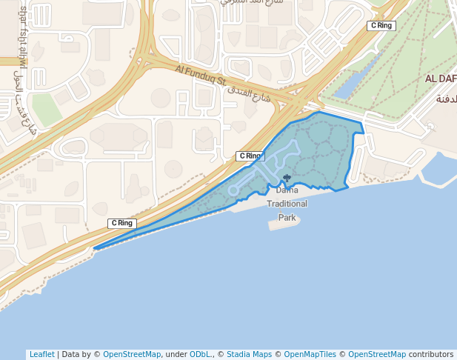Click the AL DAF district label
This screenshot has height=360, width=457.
440,79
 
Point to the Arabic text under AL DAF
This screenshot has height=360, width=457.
447,99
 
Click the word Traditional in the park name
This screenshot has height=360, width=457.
287,204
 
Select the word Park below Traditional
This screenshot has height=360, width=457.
287,217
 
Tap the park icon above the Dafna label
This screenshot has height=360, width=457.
287,178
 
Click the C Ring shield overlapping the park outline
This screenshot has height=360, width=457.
250,156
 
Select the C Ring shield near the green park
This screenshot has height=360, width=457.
381,26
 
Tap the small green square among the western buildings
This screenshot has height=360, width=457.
46,110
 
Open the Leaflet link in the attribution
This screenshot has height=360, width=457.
41,354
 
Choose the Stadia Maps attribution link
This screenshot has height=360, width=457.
249,354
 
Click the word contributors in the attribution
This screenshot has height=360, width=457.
431,354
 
